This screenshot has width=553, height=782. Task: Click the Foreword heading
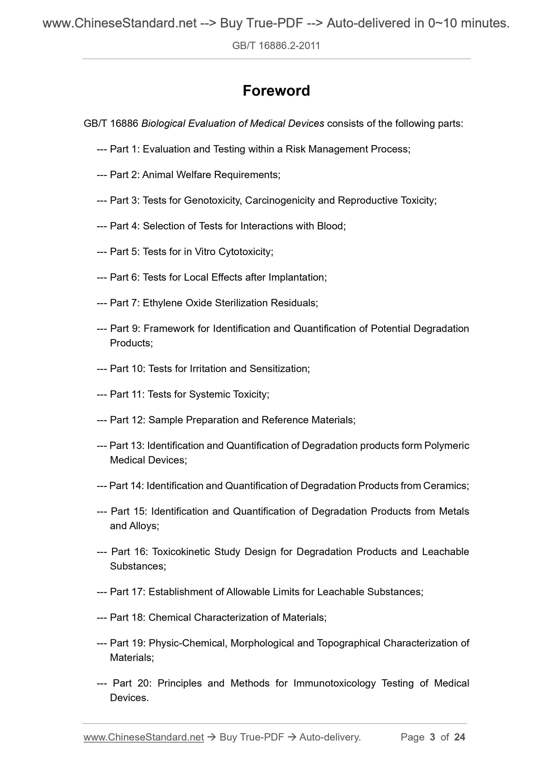276,91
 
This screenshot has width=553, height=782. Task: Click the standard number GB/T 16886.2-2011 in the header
276,46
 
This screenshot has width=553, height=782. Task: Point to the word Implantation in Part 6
297,277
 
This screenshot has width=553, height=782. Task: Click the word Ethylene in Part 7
162,303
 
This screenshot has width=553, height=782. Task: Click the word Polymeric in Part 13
447,446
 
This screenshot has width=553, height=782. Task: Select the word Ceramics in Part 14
445,486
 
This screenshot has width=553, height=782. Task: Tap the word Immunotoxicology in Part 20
334,683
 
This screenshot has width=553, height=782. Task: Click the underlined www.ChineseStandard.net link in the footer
144,737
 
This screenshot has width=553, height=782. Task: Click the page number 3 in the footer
433,737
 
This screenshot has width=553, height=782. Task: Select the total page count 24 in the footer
460,737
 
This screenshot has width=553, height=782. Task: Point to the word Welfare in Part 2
193,175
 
